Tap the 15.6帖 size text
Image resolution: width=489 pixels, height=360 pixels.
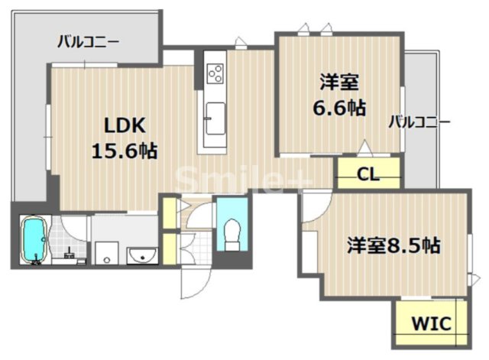point(124,150)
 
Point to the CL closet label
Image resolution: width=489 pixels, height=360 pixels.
point(368,175)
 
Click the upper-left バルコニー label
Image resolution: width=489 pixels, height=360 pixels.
point(88,41)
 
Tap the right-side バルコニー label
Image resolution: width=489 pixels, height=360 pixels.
point(419,122)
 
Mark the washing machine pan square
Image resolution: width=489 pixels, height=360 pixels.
point(106,254)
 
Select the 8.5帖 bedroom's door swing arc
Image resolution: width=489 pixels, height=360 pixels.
point(316,209)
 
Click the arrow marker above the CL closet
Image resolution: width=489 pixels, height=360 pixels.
point(365,147)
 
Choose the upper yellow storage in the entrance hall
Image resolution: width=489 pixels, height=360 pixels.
point(168,209)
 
